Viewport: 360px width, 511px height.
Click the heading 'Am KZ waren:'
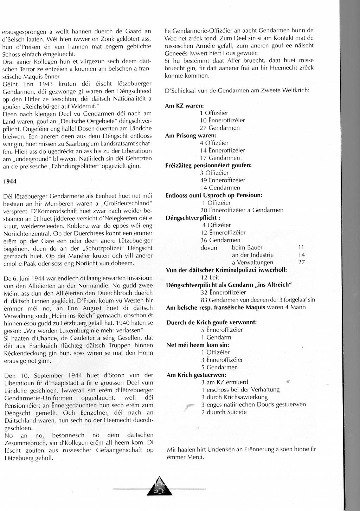[x=184, y=105]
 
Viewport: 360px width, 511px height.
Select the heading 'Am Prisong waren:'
[x=191, y=135]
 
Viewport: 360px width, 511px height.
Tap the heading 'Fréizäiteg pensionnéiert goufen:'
[x=208, y=165]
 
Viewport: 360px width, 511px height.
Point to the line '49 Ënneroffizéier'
[x=223, y=180]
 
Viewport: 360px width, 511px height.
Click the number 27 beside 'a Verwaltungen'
[x=301, y=262]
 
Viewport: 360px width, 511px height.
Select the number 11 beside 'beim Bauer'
[x=301, y=247]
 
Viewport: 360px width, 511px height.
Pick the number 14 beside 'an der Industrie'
[x=301, y=255]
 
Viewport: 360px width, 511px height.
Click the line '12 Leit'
[x=210, y=277]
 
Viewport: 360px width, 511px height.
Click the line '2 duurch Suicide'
[x=224, y=412]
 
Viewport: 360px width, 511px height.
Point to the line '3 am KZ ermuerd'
[x=225, y=382]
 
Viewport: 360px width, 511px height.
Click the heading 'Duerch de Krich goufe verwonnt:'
[x=211, y=322]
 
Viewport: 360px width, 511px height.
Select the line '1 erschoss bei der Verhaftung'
[x=240, y=389]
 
